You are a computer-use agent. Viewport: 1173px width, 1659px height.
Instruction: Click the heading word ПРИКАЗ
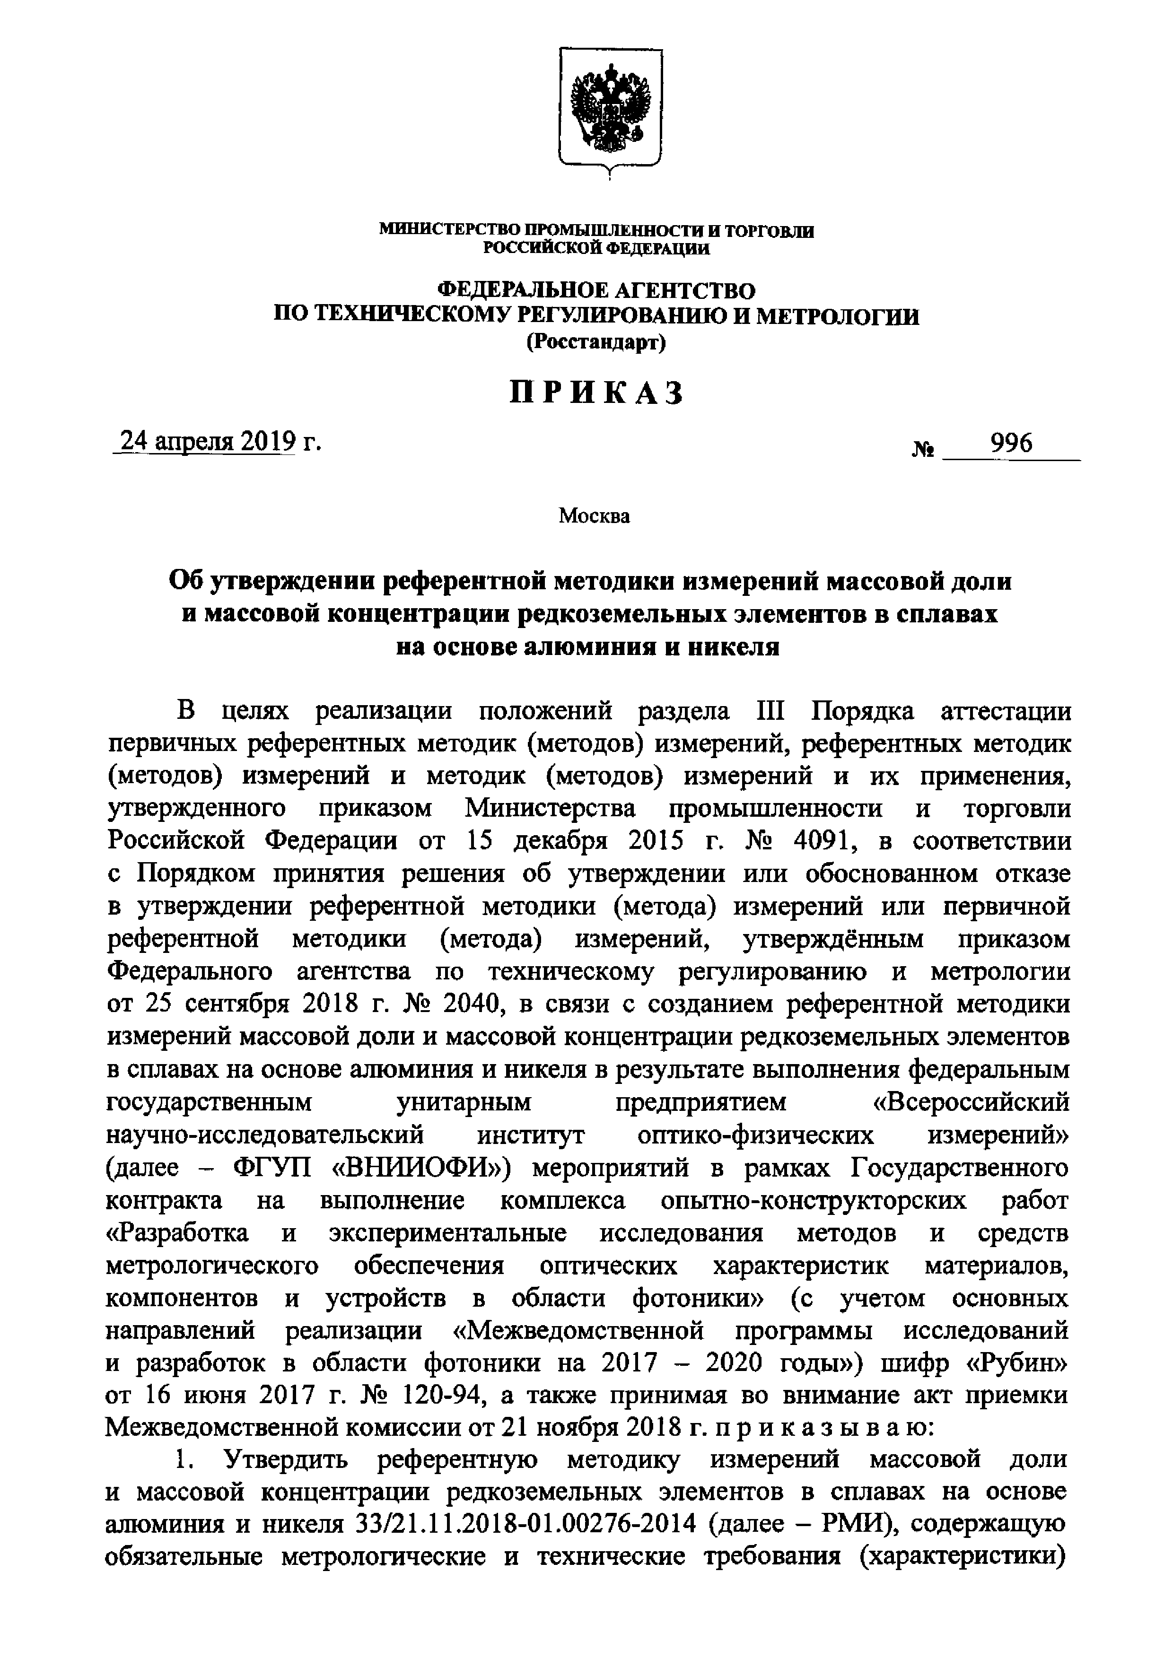click(x=597, y=394)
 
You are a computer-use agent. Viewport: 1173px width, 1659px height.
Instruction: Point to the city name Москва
click(x=594, y=516)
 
